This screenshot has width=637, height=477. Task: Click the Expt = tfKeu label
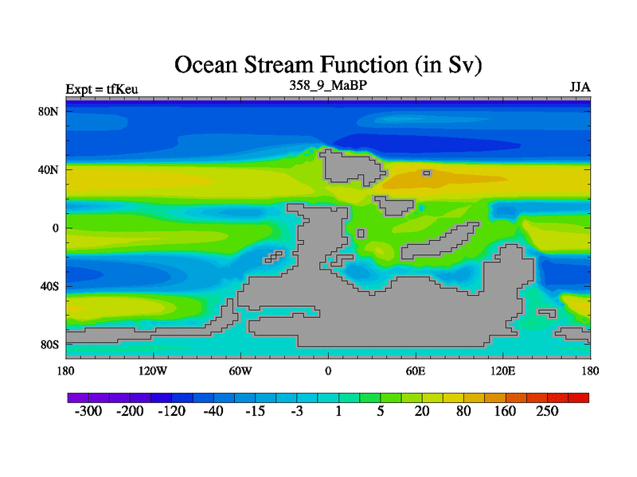[x=102, y=89]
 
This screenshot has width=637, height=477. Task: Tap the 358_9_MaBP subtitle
[x=328, y=86]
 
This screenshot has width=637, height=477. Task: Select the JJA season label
[x=580, y=87]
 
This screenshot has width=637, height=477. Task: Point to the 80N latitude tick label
[x=49, y=111]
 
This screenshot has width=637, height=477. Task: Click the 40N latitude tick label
[x=49, y=169]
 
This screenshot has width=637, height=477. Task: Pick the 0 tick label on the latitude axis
[x=55, y=228]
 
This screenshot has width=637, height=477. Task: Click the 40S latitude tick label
[x=49, y=287]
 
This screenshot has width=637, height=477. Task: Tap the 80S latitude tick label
[x=49, y=345]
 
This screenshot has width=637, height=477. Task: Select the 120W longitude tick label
[x=153, y=371]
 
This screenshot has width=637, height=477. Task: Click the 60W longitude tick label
[x=240, y=371]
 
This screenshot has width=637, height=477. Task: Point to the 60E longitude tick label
[x=416, y=371]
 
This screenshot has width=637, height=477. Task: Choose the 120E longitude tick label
[x=503, y=371]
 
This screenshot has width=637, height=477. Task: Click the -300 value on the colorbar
[x=88, y=411]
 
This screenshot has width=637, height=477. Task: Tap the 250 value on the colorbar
[x=547, y=411]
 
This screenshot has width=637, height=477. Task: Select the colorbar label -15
[x=255, y=411]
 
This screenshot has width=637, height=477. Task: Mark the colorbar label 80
[x=463, y=411]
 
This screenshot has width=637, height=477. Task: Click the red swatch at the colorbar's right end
[x=579, y=397]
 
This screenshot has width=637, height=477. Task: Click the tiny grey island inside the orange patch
[x=427, y=173]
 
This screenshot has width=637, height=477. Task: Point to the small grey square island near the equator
[x=361, y=233]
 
